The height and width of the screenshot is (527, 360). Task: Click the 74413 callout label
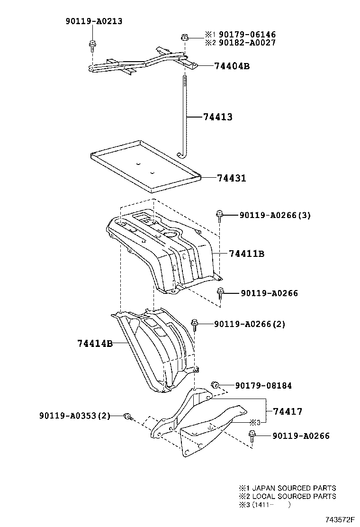coord(217,117)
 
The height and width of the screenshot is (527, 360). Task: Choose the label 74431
coord(232,178)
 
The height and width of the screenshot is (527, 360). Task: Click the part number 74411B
coord(246,254)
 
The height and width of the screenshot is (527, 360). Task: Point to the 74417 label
coord(287,412)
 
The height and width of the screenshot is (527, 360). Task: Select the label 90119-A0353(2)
coord(75,416)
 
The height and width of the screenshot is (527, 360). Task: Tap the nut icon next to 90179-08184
coord(214,384)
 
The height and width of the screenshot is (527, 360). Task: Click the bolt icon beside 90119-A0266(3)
coord(219,216)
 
